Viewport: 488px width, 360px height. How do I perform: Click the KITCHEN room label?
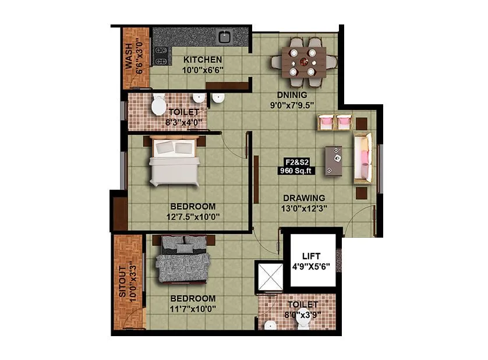pyautogui.click(x=203, y=59)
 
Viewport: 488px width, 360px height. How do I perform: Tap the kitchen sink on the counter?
pyautogui.click(x=225, y=37)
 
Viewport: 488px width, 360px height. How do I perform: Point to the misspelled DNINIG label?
pyautogui.click(x=292, y=95)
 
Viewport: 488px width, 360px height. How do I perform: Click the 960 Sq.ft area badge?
pyautogui.click(x=296, y=167)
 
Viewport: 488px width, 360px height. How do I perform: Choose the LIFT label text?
pyautogui.click(x=312, y=256)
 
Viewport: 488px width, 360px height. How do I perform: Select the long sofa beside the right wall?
pyautogui.click(x=363, y=158)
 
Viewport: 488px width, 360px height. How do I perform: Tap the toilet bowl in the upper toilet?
pyautogui.click(x=157, y=106)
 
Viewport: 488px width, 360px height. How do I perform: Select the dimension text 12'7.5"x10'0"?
pyautogui.click(x=193, y=217)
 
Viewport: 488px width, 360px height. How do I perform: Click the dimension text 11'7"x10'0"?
pyautogui.click(x=193, y=309)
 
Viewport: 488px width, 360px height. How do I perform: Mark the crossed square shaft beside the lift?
pyautogui.click(x=270, y=277)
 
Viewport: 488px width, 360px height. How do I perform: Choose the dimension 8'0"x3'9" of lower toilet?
pyautogui.click(x=302, y=315)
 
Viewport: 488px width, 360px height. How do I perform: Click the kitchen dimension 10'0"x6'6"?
pyautogui.click(x=203, y=70)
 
